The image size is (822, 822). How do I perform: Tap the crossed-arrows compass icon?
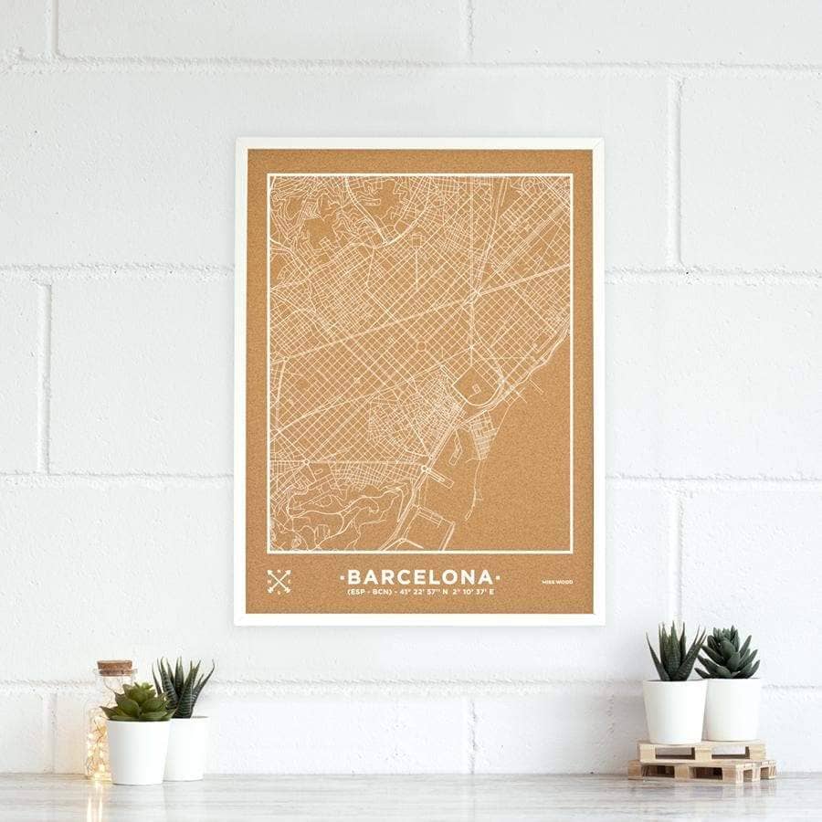279,581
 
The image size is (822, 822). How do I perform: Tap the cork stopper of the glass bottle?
115,669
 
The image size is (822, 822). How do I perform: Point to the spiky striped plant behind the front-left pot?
184,688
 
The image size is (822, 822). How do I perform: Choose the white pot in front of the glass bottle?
139,751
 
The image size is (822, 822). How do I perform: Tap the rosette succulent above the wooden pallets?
727,654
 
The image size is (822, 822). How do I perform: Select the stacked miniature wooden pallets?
701,761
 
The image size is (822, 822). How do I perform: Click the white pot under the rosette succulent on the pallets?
732,708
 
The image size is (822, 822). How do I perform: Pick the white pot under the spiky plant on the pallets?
674,710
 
